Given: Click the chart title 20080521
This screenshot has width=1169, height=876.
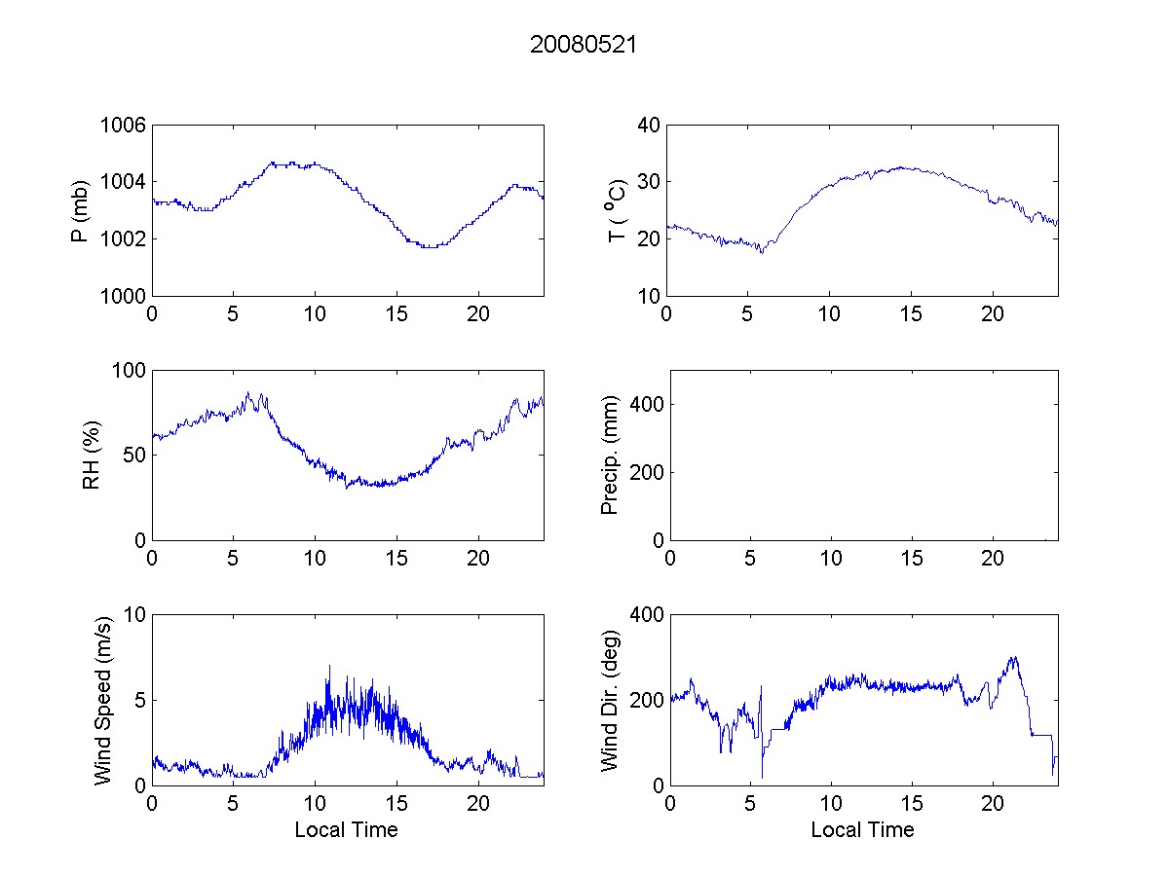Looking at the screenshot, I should pyautogui.click(x=584, y=45).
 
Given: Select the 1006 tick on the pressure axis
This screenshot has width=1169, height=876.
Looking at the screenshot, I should pyautogui.click(x=123, y=125).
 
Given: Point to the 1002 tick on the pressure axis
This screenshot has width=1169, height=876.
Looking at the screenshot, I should pyautogui.click(x=123, y=238).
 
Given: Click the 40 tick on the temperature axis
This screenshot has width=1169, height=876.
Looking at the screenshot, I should pyautogui.click(x=650, y=125).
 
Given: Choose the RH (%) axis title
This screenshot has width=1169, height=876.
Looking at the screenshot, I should pyautogui.click(x=91, y=455).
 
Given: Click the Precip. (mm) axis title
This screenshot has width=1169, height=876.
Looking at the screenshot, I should pyautogui.click(x=611, y=455).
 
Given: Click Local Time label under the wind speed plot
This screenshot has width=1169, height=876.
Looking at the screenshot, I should pyautogui.click(x=346, y=830).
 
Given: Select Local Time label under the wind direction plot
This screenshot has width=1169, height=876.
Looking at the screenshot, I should pyautogui.click(x=862, y=830).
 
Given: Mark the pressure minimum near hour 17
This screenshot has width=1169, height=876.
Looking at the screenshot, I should pyautogui.click(x=430, y=247).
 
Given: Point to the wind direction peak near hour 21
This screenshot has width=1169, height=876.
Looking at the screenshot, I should pyautogui.click(x=1014, y=657).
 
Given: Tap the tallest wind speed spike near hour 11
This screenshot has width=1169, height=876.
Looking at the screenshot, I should pyautogui.click(x=329, y=666).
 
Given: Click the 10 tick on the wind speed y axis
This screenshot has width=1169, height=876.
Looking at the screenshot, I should pyautogui.click(x=136, y=614).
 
